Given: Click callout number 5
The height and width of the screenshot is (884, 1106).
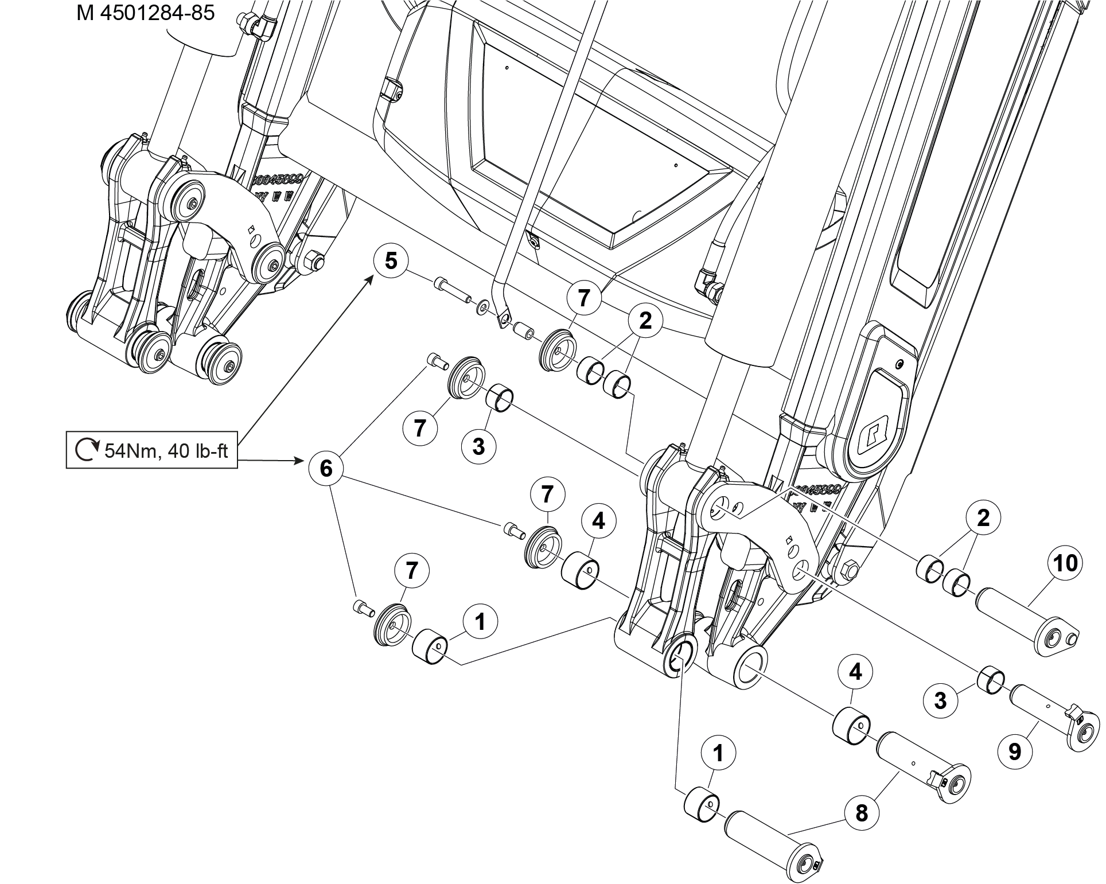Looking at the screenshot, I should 391,260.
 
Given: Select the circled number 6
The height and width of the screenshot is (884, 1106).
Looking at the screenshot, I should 326,469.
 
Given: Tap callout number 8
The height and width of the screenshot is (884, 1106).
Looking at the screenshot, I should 862,813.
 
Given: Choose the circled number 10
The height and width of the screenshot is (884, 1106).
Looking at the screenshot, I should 1065,564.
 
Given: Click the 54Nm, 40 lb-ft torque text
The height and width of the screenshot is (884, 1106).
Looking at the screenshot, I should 166,451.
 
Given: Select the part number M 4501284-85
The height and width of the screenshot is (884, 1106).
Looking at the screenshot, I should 145,13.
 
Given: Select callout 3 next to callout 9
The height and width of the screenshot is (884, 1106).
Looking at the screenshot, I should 940,700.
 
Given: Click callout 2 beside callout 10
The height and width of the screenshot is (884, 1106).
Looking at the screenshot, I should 983,519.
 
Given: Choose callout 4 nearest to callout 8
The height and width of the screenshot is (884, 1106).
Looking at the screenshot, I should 855,672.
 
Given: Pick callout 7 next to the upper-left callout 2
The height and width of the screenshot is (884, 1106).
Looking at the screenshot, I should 583,299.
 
